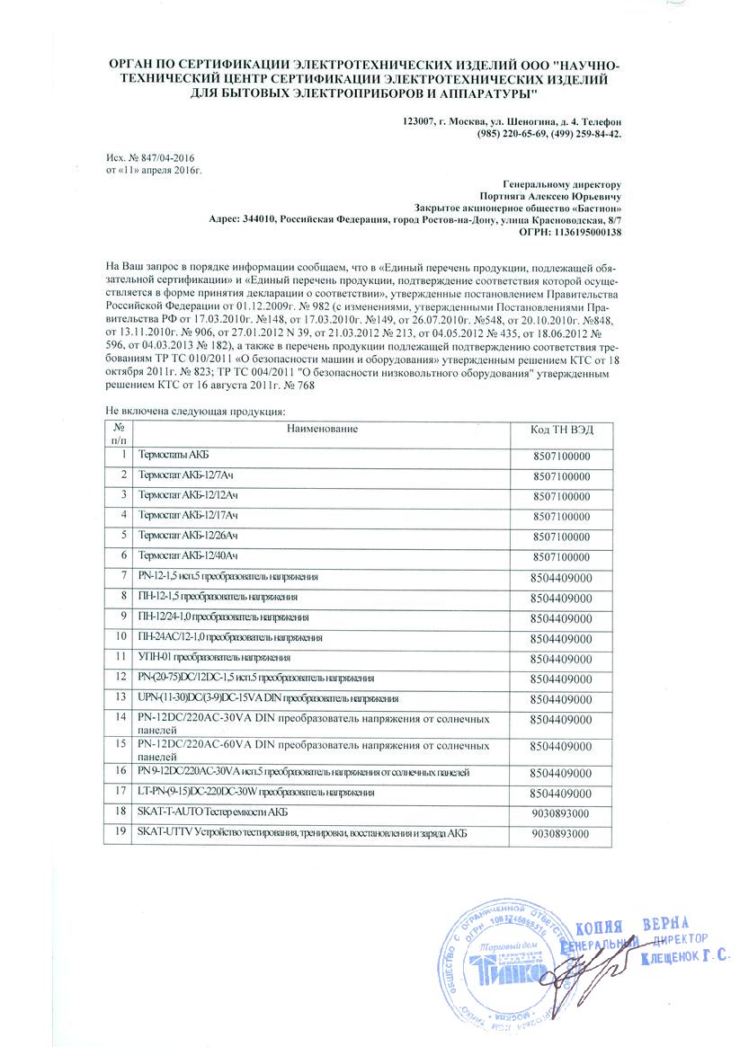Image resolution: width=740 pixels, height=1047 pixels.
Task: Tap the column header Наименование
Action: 322,430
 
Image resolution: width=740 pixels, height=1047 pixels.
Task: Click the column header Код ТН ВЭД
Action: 562,430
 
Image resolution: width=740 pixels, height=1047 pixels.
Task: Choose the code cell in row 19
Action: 561,835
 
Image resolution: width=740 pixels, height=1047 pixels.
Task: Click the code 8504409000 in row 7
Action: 561,576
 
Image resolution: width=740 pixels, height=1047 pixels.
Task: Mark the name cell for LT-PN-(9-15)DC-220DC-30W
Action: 255,792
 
